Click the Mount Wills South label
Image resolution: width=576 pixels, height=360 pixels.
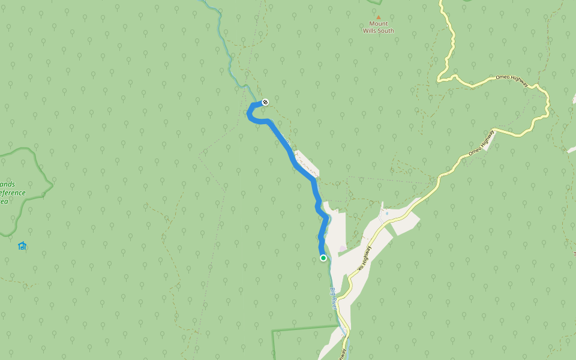[x=378, y=27]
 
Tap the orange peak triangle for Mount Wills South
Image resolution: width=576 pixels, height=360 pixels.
[x=378, y=17]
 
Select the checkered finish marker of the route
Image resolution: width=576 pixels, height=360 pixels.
[x=265, y=101]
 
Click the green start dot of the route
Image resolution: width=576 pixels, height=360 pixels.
[x=323, y=258]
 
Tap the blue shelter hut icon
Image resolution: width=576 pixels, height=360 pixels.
[x=22, y=245]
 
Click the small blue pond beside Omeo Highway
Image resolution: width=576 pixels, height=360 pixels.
[x=387, y=214]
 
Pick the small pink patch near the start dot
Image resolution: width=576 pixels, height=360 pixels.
[x=343, y=248]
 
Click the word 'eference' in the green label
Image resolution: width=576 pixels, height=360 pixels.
[x=13, y=193]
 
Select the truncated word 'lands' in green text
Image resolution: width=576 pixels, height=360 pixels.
[x=8, y=184]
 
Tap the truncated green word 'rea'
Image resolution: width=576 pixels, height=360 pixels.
[x=4, y=201]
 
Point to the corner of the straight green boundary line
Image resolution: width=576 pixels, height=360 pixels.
[x=273, y=331]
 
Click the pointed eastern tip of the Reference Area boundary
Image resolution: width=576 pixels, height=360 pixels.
[x=52, y=182]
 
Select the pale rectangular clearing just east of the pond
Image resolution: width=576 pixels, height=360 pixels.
[x=405, y=223]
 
